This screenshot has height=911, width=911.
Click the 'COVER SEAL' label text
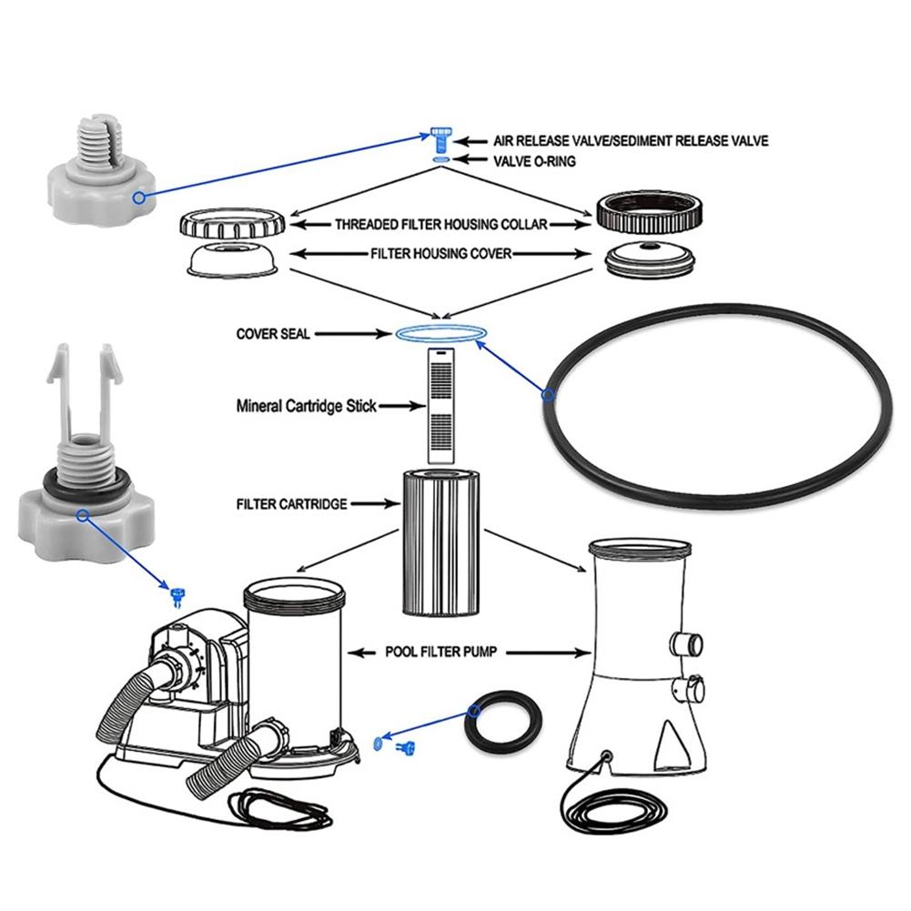(x=273, y=334)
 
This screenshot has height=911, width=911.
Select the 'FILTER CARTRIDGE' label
(x=292, y=503)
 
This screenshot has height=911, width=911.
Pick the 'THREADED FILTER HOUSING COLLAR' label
(x=440, y=225)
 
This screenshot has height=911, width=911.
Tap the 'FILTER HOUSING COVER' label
(x=440, y=254)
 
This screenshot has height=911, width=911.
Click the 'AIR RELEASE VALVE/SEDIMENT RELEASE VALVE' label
(x=630, y=141)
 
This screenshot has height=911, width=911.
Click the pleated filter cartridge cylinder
(x=440, y=542)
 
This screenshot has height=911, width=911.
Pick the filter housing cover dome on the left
(x=232, y=259)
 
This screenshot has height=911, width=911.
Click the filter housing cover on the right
(x=649, y=258)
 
